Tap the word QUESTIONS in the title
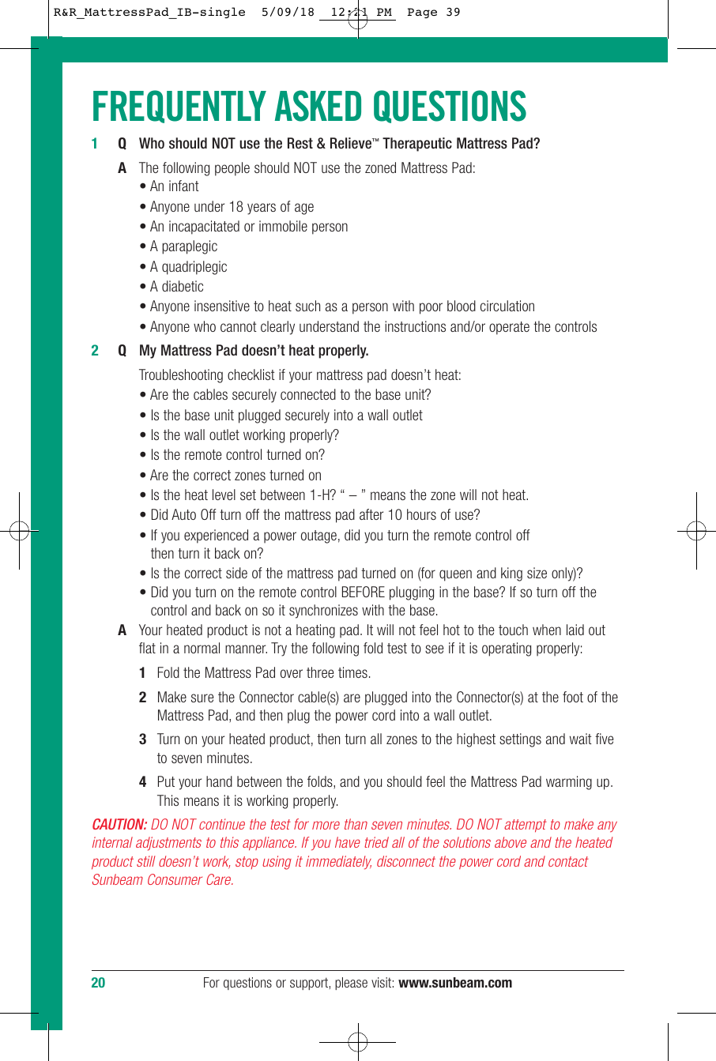[x=449, y=107]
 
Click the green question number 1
[x=95, y=144]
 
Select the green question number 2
[x=95, y=351]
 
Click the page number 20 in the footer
[x=98, y=983]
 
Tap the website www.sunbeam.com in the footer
[x=455, y=983]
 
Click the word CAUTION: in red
[x=119, y=825]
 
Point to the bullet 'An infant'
[x=174, y=186]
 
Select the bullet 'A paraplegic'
[x=183, y=246]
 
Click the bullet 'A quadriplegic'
[x=188, y=267]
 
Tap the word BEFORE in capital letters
[x=363, y=593]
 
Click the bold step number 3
[x=143, y=740]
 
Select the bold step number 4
[x=143, y=782]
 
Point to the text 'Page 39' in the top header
[x=433, y=13]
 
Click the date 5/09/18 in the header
[x=288, y=13]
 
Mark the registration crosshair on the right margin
[x=696, y=531]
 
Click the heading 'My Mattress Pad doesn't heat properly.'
[x=254, y=351]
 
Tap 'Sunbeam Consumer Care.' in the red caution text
[x=163, y=880]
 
